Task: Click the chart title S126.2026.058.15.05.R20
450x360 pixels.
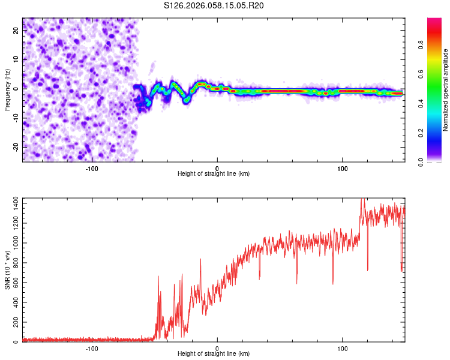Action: coord(214,6)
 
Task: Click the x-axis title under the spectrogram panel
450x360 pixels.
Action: coord(214,173)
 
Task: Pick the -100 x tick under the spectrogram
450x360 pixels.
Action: coord(92,168)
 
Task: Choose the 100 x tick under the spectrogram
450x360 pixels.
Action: coord(343,168)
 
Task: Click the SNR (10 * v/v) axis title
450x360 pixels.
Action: coord(7,269)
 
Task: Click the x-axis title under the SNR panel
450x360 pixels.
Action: coord(214,353)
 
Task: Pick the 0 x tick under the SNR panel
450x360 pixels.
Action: coord(217,348)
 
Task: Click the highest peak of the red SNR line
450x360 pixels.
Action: coord(361,199)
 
